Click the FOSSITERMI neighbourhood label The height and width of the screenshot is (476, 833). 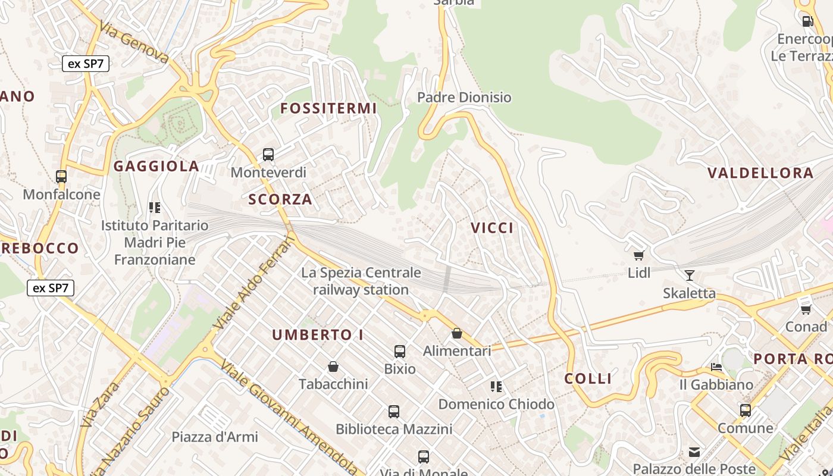[328, 108]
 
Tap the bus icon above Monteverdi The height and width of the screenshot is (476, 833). [268, 155]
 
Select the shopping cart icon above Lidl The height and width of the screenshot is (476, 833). [638, 255]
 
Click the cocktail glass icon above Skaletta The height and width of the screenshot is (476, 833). [690, 275]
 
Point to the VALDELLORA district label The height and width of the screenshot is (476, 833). [760, 173]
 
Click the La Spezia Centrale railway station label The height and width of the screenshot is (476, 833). [361, 281]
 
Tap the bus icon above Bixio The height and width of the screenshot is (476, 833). [400, 351]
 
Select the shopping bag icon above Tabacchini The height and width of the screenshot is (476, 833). [333, 367]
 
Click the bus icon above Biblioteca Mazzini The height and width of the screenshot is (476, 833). [394, 411]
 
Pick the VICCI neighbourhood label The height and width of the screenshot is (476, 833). [492, 228]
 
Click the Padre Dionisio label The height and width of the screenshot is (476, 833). [464, 97]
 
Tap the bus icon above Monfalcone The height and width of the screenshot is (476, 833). [61, 176]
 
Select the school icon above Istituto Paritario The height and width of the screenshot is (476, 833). [155, 208]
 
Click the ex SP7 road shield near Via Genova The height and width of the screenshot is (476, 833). [86, 64]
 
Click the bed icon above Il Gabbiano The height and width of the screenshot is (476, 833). [716, 367]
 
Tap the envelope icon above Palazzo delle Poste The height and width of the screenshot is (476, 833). [694, 452]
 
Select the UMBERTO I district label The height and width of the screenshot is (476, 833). [318, 335]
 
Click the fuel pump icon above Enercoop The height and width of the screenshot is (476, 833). [807, 21]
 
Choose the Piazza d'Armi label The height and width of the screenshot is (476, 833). [215, 437]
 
